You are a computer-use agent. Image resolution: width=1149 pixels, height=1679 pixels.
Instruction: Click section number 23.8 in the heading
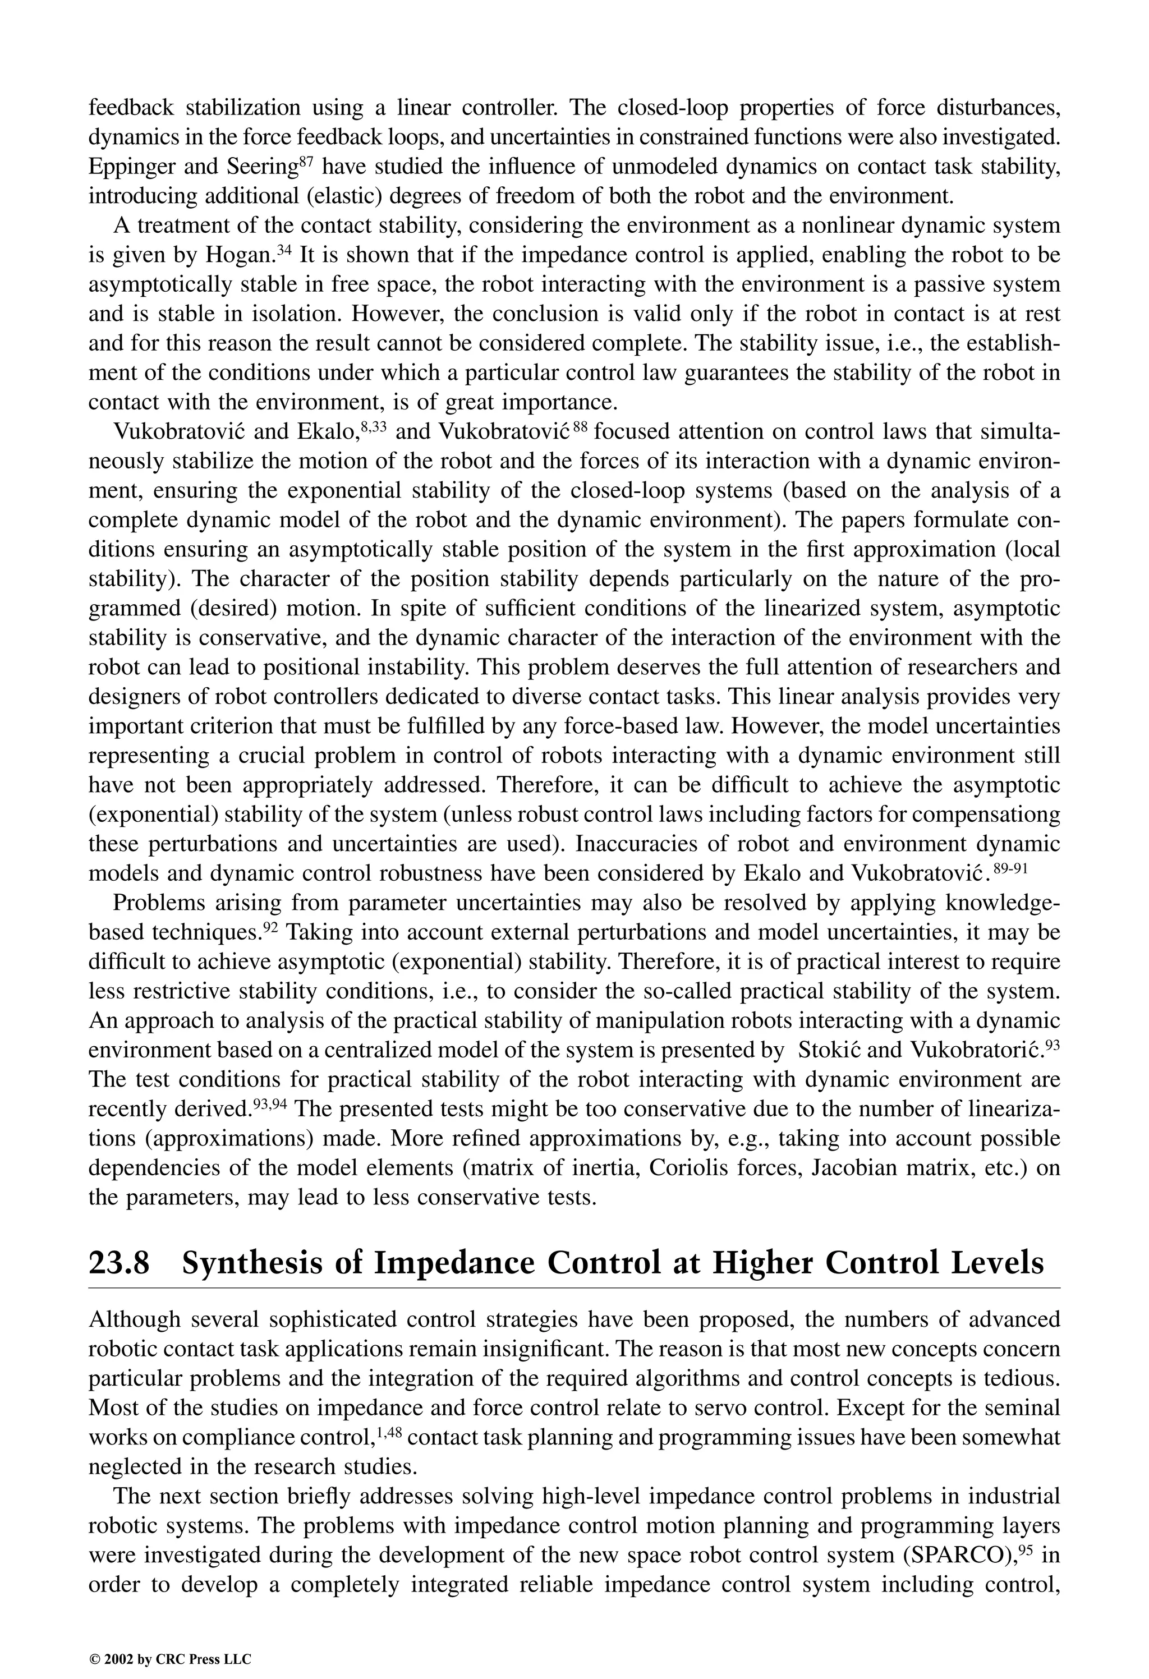click(120, 1263)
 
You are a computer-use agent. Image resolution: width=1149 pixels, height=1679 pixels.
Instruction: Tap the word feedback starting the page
click(131, 108)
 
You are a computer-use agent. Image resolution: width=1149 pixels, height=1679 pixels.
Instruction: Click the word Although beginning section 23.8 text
click(135, 1321)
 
